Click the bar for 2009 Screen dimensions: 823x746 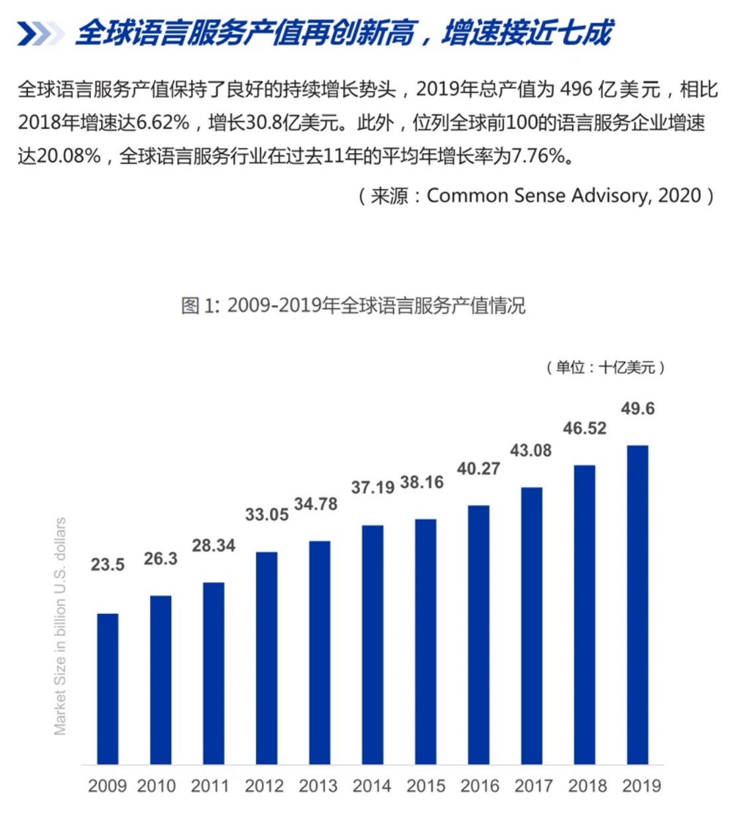107,689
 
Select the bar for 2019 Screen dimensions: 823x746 637,605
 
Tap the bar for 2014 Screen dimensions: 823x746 373,644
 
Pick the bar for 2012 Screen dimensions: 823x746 267,658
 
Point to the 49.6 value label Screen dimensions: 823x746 637,409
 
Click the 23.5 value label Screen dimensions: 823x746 107,565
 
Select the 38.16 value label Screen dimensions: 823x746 422,483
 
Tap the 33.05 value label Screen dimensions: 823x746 267,515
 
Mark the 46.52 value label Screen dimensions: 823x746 584,429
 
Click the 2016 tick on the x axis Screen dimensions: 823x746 479,786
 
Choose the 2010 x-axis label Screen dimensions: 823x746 156,786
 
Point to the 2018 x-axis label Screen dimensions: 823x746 588,786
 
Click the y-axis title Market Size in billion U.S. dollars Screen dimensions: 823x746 60,626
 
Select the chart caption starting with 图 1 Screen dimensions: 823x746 353,306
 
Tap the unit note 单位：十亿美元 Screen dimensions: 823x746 605,367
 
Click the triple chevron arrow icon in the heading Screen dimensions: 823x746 39,34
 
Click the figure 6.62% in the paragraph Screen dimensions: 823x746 163,123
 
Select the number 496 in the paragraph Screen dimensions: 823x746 576,90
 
